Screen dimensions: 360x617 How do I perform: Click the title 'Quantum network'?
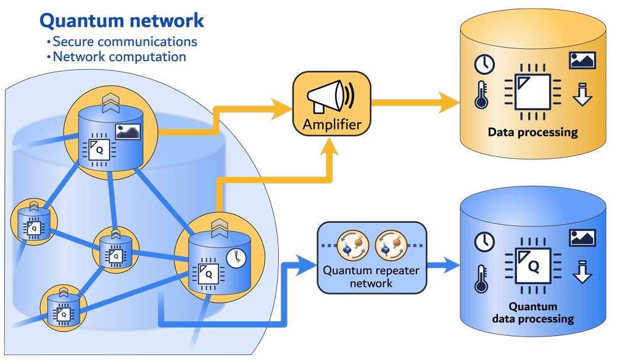click(122, 20)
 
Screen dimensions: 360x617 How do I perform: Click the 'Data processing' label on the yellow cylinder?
click(532, 132)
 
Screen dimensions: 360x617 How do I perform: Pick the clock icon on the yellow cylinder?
click(484, 64)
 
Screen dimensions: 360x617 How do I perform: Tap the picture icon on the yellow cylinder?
click(582, 60)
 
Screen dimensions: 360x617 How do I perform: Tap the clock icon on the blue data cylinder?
click(484, 242)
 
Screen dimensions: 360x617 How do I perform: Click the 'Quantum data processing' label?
click(532, 313)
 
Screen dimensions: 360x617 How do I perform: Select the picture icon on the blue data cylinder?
click(582, 238)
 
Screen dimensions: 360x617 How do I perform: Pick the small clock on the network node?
click(236, 258)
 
